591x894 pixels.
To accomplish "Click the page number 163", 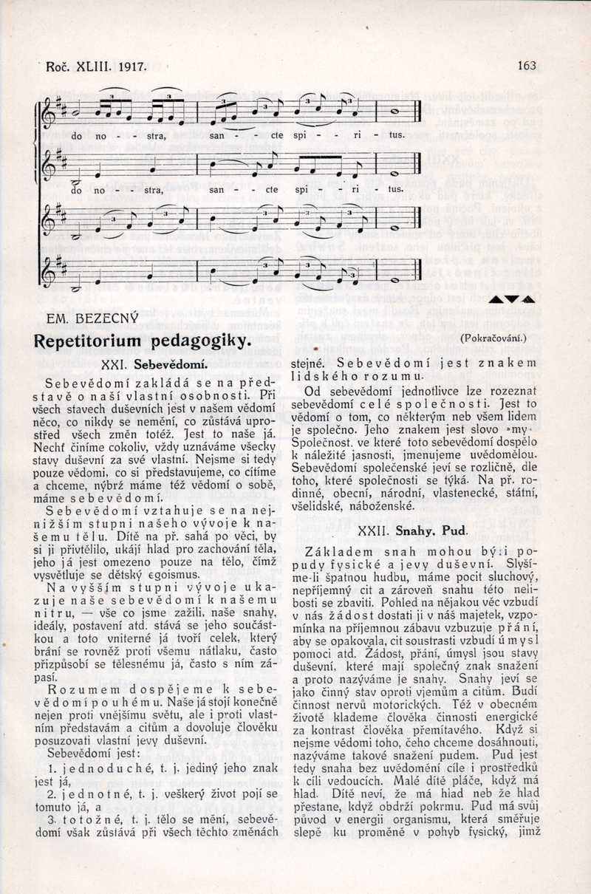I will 527,66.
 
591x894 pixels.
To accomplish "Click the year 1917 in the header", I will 130,66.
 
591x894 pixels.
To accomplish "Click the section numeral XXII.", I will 395,530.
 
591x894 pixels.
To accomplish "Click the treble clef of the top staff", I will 49,110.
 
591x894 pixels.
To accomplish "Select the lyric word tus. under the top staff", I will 397,136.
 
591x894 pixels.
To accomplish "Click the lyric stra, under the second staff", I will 154,189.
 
